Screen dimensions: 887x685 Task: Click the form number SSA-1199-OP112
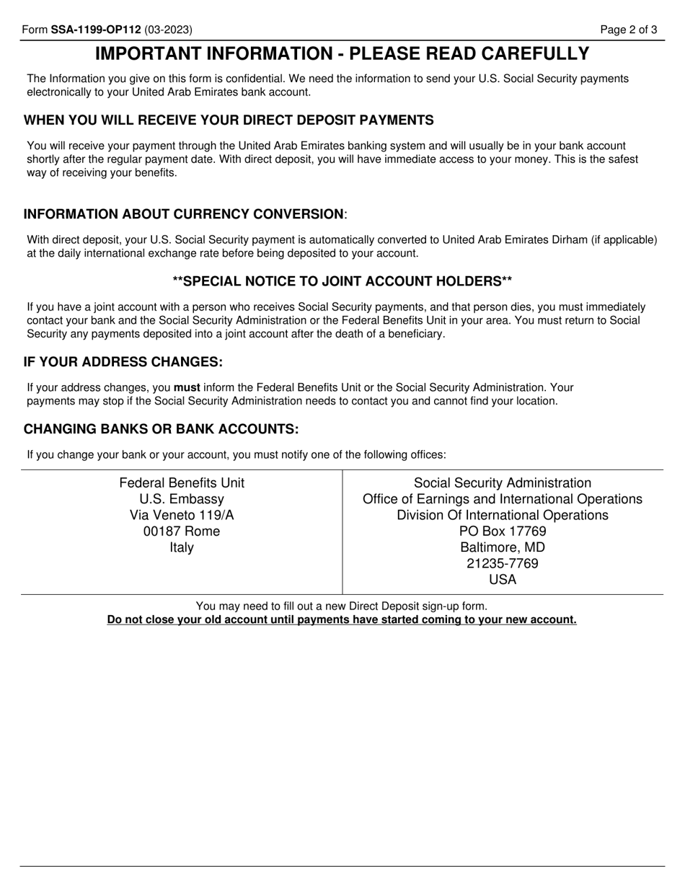pyautogui.click(x=96, y=30)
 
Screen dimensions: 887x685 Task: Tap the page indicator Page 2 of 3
pyautogui.click(x=629, y=30)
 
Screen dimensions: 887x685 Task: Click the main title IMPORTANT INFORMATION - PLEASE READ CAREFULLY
pyautogui.click(x=342, y=54)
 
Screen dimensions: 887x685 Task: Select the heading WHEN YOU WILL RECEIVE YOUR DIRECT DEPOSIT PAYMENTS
pyautogui.click(x=229, y=120)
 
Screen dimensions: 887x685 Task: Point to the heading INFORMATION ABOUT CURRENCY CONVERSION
pyautogui.click(x=185, y=214)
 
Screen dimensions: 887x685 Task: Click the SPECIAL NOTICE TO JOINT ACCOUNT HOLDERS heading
pyautogui.click(x=342, y=281)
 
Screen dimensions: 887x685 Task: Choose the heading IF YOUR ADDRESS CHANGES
pyautogui.click(x=123, y=361)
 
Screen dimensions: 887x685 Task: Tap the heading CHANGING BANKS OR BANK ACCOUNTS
pyautogui.click(x=161, y=429)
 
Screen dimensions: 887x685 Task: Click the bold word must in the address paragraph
pyautogui.click(x=187, y=387)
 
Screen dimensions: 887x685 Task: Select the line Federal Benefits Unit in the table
pyautogui.click(x=182, y=483)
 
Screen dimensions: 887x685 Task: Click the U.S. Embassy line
pyautogui.click(x=182, y=499)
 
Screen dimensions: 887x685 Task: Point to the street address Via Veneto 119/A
pyautogui.click(x=182, y=515)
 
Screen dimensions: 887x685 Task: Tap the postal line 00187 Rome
pyautogui.click(x=182, y=531)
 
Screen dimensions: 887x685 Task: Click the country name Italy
pyautogui.click(x=182, y=547)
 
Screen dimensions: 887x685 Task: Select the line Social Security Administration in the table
pyautogui.click(x=503, y=483)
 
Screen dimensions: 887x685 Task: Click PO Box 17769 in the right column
pyautogui.click(x=503, y=531)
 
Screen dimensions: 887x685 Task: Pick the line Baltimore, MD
pyautogui.click(x=503, y=547)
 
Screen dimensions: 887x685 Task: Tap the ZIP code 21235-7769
pyautogui.click(x=503, y=563)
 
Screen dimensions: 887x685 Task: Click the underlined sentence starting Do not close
pyautogui.click(x=342, y=619)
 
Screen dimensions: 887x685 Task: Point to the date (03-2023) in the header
pyautogui.click(x=168, y=30)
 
